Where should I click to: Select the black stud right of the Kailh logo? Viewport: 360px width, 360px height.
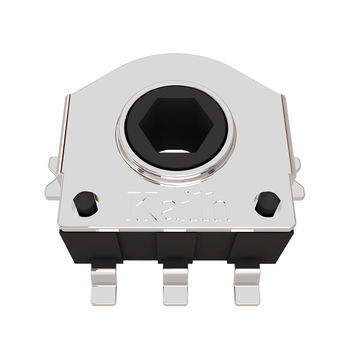266,204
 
